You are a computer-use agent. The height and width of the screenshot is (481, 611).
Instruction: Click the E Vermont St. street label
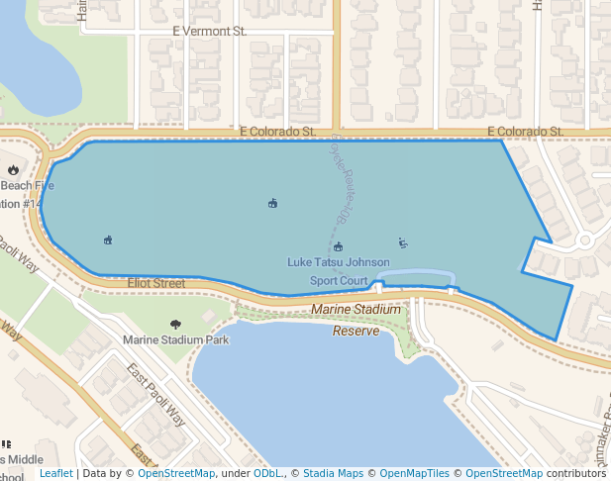209,32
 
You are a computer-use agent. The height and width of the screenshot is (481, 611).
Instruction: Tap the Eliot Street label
156,283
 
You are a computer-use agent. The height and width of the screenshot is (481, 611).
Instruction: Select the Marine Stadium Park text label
175,339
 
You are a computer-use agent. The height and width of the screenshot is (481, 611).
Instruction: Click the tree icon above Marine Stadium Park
176,324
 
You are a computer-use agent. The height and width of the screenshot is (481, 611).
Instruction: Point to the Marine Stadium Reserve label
356,320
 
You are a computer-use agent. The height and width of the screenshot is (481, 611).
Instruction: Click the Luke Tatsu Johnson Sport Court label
338,271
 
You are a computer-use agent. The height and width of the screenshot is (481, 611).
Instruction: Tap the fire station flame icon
13,170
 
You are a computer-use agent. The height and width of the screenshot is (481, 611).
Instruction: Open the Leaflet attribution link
55,474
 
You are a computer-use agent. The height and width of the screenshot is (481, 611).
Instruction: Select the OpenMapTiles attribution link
415,474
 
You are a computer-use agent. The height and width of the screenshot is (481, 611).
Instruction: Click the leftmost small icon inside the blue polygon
108,240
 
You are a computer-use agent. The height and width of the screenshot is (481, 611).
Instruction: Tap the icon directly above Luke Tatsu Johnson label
338,246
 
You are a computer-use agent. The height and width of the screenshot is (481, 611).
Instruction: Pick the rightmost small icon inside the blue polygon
402,242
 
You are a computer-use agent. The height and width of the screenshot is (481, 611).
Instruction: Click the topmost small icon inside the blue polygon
272,204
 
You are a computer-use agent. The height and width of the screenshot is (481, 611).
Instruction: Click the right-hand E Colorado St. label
525,132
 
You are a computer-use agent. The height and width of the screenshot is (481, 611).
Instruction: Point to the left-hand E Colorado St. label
276,131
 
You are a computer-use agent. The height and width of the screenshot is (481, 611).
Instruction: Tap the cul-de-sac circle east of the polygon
584,240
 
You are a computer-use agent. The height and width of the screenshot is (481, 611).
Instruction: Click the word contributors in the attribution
576,474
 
